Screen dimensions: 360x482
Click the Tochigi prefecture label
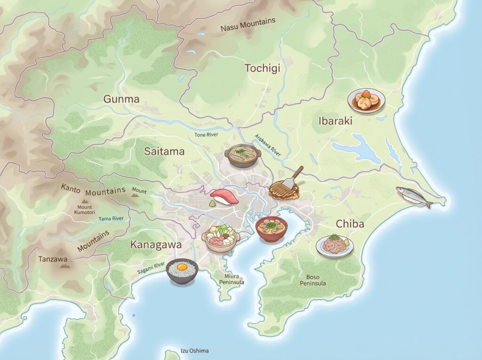click(x=262, y=68)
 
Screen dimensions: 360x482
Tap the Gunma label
click(x=121, y=99)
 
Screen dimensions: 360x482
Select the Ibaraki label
click(x=336, y=121)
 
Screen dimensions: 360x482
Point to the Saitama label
click(x=164, y=152)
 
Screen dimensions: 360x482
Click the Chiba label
click(x=350, y=224)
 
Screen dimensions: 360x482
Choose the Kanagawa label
click(x=156, y=245)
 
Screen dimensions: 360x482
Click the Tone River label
click(x=207, y=135)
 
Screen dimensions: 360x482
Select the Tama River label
click(x=111, y=218)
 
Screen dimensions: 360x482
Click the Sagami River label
click(x=151, y=269)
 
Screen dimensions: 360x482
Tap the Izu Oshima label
click(x=194, y=351)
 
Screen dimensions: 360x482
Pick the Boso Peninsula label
click(x=313, y=280)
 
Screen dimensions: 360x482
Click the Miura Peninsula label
click(x=232, y=279)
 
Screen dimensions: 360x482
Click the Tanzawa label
click(x=53, y=259)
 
